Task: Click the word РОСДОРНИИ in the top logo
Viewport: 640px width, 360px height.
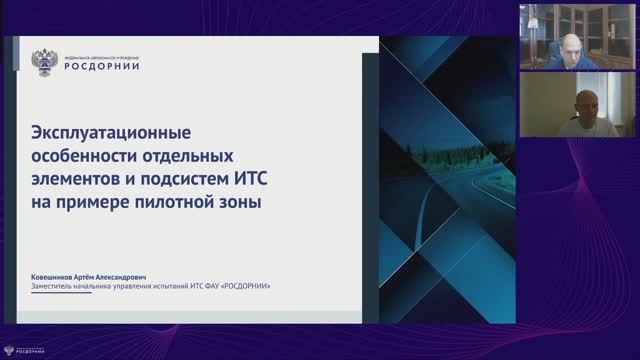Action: (x=101, y=66)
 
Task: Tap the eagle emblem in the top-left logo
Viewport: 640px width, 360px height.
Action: (x=45, y=61)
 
